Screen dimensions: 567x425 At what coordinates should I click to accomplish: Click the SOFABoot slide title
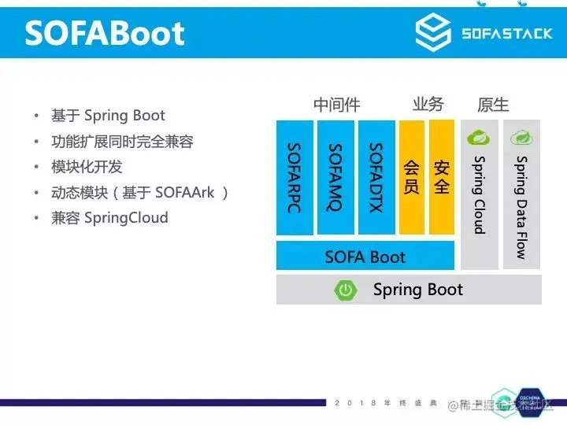point(105,33)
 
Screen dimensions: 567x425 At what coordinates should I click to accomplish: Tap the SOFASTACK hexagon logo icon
point(432,33)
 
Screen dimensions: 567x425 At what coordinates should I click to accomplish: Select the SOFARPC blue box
point(295,177)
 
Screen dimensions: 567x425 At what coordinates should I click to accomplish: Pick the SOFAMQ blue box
point(335,177)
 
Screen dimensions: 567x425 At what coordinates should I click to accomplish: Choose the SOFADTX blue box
point(376,177)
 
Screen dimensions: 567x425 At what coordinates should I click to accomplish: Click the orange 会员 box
point(412,177)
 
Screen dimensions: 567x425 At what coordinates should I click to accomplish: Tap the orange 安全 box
point(442,177)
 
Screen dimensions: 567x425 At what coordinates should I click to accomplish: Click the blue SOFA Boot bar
point(365,257)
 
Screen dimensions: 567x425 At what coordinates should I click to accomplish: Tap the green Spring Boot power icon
point(346,290)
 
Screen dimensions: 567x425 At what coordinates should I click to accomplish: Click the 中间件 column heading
point(336,105)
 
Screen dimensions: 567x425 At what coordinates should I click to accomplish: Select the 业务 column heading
point(428,105)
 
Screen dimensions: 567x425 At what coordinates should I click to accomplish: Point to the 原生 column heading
point(493,105)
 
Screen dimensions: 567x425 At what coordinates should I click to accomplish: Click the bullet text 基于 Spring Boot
point(108,116)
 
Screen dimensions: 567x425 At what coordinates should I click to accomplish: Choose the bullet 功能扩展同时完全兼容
point(122,142)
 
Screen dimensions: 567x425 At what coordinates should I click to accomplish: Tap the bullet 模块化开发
point(87,167)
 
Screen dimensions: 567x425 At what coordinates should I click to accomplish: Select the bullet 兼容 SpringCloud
point(109,217)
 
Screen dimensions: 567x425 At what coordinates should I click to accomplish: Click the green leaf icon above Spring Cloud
point(478,139)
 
